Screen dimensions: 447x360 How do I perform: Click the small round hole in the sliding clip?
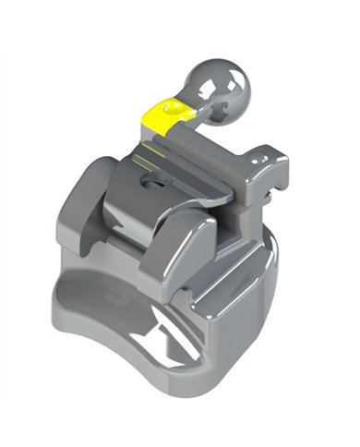click(x=148, y=182)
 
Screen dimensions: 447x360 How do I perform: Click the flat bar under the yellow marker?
click(x=198, y=139)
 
